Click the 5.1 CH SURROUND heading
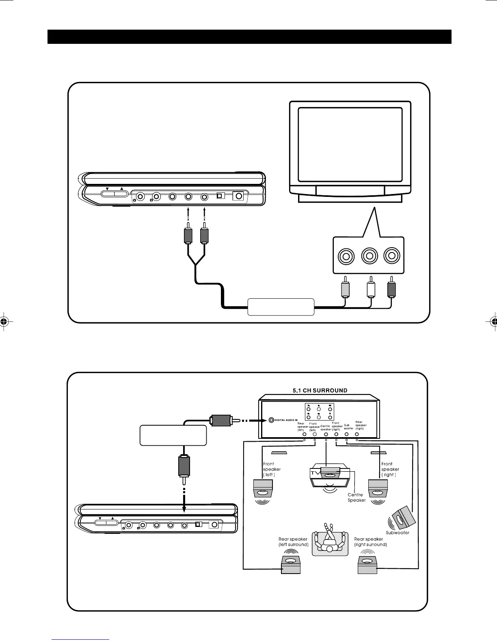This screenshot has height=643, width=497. point(320,391)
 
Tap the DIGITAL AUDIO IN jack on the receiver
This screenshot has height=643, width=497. point(270,420)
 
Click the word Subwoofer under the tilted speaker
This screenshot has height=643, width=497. point(397,533)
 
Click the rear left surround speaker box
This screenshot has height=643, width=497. point(291,565)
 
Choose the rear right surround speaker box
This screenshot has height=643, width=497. point(367,565)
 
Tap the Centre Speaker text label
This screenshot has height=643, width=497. point(357,497)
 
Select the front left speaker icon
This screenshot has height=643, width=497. point(263,490)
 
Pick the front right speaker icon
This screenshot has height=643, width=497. point(378,490)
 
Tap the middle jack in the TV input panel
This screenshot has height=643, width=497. point(369,256)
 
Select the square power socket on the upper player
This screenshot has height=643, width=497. point(238,196)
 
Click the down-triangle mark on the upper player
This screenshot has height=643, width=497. point(107,189)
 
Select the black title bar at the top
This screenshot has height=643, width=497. point(249,37)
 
